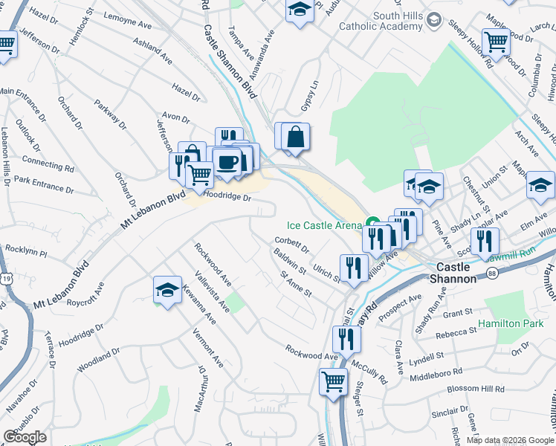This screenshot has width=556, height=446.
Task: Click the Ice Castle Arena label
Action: tap(324, 225)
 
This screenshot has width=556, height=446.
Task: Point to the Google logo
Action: tap(25, 437)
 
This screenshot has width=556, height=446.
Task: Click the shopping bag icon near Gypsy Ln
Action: tap(296, 137)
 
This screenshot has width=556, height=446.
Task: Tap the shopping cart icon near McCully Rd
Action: tap(333, 382)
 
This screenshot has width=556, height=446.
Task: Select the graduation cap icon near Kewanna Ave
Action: tap(167, 289)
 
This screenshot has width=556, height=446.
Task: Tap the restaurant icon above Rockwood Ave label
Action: tap(346, 339)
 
